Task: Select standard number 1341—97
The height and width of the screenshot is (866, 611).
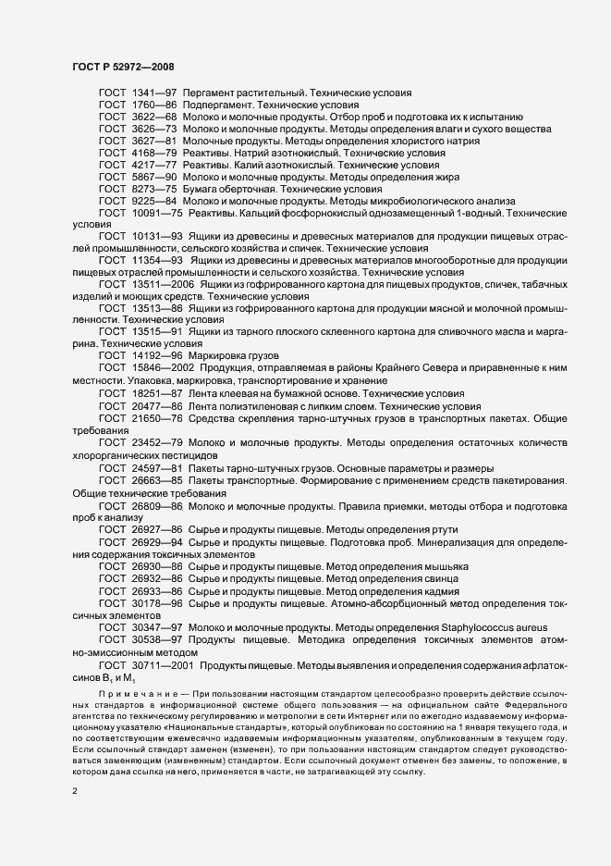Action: [153, 93]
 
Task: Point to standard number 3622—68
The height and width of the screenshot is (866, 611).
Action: [153, 118]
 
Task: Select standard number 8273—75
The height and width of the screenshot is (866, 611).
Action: [153, 188]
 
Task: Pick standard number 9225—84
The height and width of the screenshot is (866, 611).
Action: [153, 200]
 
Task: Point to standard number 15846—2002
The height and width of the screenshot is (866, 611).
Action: [164, 368]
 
